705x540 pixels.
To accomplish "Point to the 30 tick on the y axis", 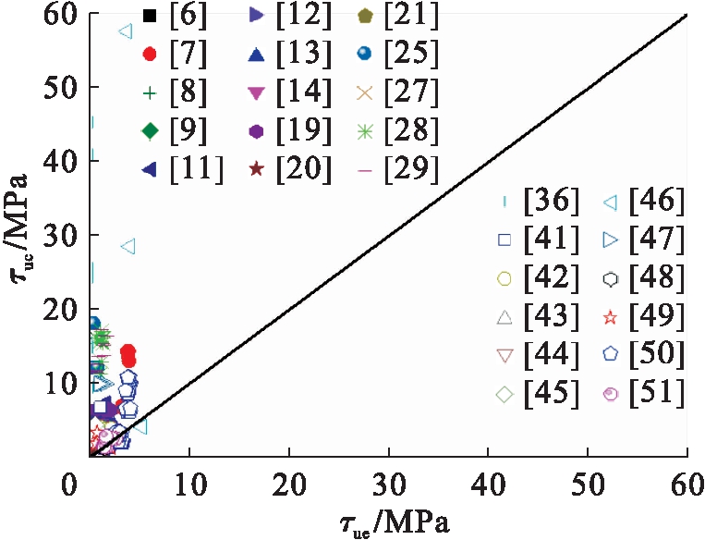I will [58, 236].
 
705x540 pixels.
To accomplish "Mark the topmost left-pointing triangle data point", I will [126, 31].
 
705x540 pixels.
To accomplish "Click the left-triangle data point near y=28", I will [128, 247].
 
